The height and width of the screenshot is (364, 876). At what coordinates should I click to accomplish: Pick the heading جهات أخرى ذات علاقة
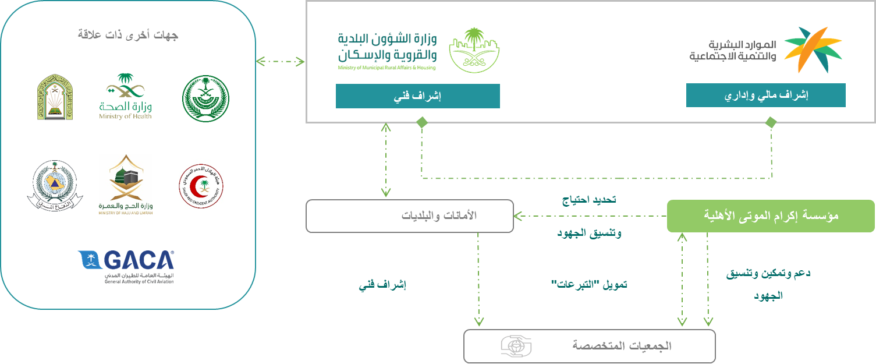pos(128,35)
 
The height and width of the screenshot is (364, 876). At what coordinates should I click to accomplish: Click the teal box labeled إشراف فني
pos(417,96)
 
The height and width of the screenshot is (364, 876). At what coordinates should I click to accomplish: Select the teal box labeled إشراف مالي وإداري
pos(765,96)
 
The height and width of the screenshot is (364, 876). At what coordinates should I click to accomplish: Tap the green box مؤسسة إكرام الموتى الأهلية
pos(770,216)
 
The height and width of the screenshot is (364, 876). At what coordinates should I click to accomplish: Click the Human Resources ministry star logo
pos(812,50)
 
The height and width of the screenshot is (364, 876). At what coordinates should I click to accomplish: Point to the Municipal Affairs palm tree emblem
pos(474,50)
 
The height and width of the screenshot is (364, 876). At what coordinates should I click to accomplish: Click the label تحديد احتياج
pos(589,199)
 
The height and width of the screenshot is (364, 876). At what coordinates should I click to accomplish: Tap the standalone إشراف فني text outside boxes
pos(382,285)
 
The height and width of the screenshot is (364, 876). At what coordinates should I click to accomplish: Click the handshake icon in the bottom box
pos(516,345)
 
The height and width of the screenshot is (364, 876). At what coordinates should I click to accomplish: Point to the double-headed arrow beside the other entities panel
pos(281,62)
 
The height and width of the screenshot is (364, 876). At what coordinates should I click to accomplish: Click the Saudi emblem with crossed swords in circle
pos(205,98)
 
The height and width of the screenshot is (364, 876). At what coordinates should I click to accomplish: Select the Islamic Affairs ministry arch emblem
pos(55,97)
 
